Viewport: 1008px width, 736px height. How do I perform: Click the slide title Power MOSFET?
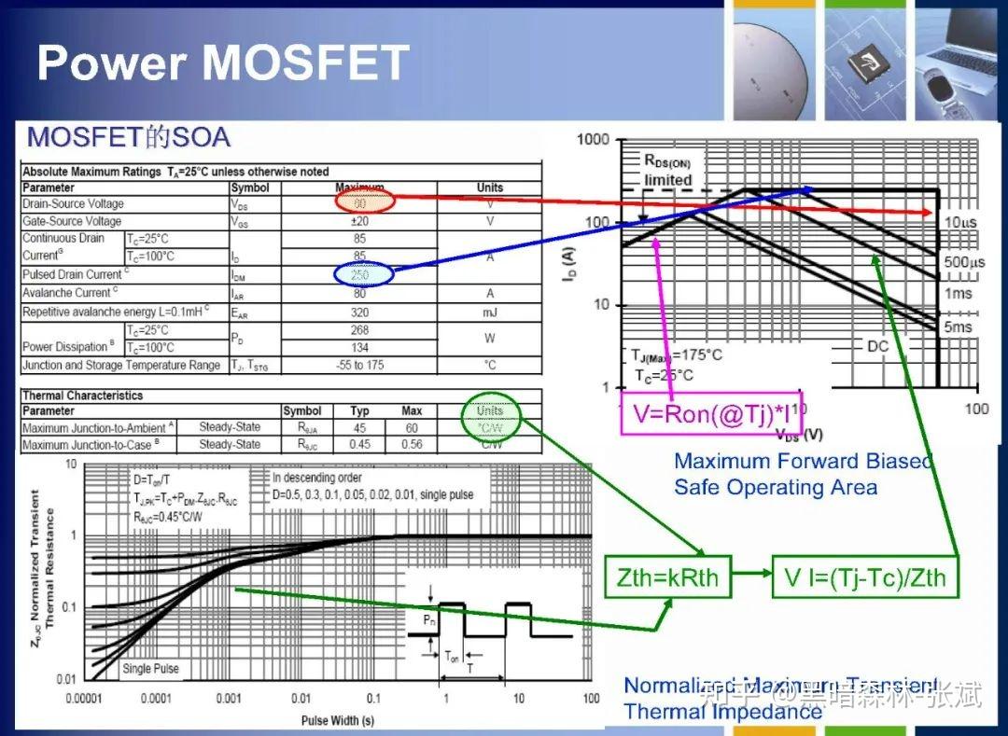pyautogui.click(x=223, y=62)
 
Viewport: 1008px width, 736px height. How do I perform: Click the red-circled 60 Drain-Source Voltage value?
pyautogui.click(x=360, y=201)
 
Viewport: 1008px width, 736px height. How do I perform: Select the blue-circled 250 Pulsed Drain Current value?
pyautogui.click(x=360, y=274)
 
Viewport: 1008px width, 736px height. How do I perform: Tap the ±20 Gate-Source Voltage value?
pyautogui.click(x=359, y=221)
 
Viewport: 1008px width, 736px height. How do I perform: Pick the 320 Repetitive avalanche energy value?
pyautogui.click(x=359, y=312)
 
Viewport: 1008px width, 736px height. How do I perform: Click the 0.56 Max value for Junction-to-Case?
pyautogui.click(x=412, y=445)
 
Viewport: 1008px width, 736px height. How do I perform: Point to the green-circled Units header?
pyautogui.click(x=489, y=410)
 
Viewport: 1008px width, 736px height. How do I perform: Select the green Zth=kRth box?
pyautogui.click(x=668, y=576)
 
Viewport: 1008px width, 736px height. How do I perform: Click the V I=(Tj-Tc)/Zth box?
pyautogui.click(x=865, y=576)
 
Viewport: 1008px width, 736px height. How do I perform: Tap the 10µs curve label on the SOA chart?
pyautogui.click(x=958, y=222)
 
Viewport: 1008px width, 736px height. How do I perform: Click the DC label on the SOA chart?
pyautogui.click(x=877, y=345)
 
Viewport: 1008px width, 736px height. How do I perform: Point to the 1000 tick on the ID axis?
pyautogui.click(x=592, y=140)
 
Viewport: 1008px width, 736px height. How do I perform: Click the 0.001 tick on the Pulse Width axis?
pyautogui.click(x=229, y=699)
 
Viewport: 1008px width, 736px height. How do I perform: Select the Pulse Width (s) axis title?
pyautogui.click(x=338, y=720)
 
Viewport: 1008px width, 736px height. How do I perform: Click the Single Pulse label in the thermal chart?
pyautogui.click(x=150, y=669)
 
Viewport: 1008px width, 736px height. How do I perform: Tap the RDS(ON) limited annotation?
pyautogui.click(x=667, y=171)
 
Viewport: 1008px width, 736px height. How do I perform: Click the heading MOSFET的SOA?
pyautogui.click(x=129, y=138)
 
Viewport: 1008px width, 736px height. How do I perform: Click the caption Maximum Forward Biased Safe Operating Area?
pyautogui.click(x=803, y=473)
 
